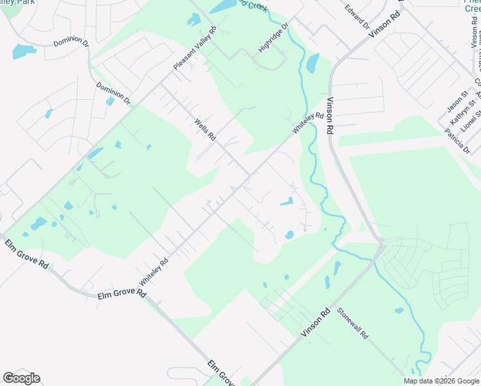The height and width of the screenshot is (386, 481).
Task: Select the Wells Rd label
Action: (206, 129)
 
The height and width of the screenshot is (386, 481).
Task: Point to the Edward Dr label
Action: (357, 17)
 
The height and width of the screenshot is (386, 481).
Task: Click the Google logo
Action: (22, 378)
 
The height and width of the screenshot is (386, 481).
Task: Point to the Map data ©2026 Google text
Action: (441, 381)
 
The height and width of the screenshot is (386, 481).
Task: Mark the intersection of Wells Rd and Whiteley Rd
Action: (248, 174)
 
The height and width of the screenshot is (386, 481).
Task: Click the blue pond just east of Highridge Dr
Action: (313, 63)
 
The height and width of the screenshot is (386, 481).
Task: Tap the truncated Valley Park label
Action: (19, 3)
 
